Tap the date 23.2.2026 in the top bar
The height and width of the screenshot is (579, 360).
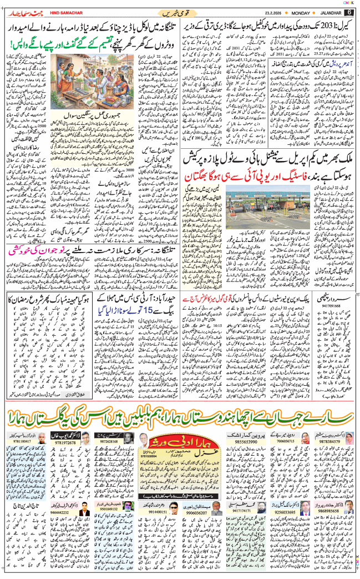[265, 12]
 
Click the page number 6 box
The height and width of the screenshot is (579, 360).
[349, 12]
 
